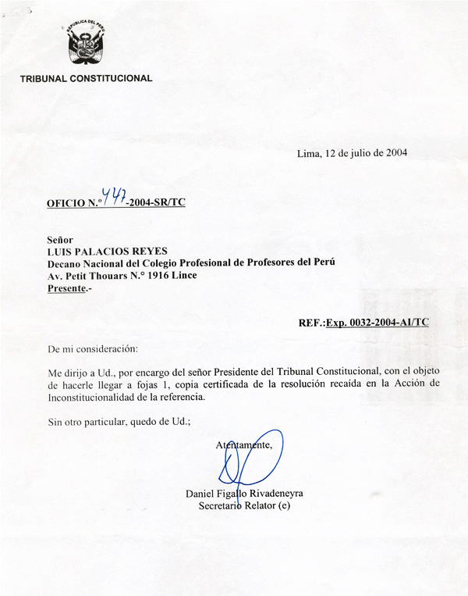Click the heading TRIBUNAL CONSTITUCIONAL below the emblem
[x=87, y=78]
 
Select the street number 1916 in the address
[x=159, y=276]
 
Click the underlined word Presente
[x=67, y=288]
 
